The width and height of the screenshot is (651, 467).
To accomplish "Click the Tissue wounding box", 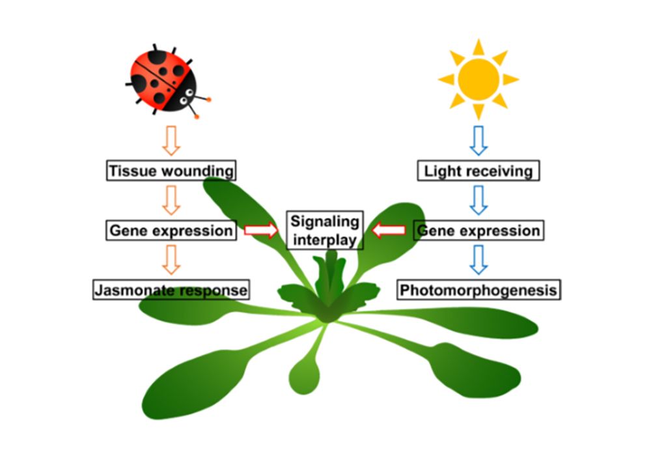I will click(171, 171).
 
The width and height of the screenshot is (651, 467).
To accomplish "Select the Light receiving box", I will click(478, 171).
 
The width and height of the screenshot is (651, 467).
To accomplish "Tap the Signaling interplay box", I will click(325, 230).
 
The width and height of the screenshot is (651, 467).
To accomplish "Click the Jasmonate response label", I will click(171, 289).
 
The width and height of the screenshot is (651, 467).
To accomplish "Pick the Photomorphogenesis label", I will click(478, 289).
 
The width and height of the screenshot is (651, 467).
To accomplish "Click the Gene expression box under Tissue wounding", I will click(171, 230).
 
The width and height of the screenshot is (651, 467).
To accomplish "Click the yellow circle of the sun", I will click(478, 79).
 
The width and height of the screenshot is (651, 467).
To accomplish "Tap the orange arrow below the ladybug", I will click(171, 140).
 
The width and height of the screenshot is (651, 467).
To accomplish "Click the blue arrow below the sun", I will click(478, 140).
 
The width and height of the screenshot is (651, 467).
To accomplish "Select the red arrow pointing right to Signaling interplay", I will click(260, 230).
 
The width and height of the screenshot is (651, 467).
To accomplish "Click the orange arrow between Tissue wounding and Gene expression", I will click(171, 200).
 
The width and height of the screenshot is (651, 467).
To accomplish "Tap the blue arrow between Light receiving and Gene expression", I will click(478, 200).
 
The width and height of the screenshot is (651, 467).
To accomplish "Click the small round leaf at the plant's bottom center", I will click(304, 375).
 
